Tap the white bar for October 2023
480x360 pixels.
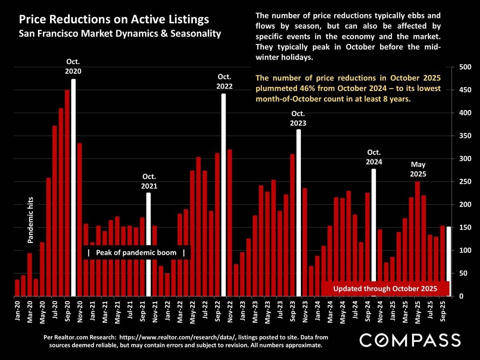pyautogui.click(x=298, y=212)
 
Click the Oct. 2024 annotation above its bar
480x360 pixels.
pyautogui.click(x=374, y=157)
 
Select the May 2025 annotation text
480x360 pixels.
pyautogui.click(x=418, y=170)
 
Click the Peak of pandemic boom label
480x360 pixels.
pyautogui.click(x=136, y=253)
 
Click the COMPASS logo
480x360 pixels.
pyautogui.click(x=410, y=340)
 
